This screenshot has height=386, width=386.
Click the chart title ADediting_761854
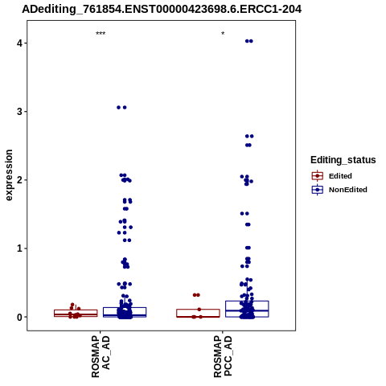pos(162,10)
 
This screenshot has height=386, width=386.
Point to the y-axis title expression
pos(9,175)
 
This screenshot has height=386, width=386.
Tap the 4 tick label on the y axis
pos(19,43)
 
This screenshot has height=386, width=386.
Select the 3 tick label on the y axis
pos(19,111)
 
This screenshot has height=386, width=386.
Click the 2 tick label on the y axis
pos(19,180)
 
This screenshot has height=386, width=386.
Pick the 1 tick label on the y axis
pos(19,248)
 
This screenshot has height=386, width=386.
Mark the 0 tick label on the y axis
pos(19,317)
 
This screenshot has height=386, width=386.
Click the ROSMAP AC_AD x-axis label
pos(101,357)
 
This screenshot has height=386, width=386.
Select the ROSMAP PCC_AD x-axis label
pos(223,357)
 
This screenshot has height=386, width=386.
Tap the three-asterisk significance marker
pos(101,34)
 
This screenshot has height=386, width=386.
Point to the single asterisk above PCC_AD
pos(223,34)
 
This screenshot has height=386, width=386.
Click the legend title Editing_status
pos(343,160)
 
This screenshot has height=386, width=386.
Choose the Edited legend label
pos(340,176)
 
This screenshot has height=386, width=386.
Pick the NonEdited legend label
pos(348,190)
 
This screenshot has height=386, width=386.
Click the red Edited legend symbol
pos(318,176)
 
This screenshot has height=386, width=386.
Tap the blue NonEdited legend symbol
pos(318,190)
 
